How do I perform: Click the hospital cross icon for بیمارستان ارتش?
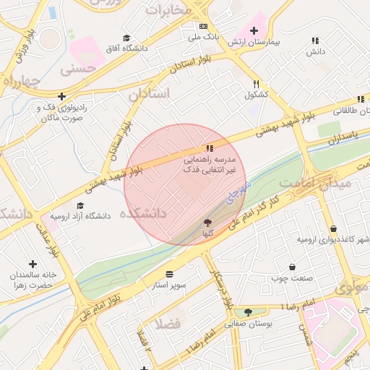pyautogui.click(x=254, y=30)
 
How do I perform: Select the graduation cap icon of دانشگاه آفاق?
pyautogui.click(x=127, y=38)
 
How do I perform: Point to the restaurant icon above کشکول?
pyautogui.click(x=256, y=84)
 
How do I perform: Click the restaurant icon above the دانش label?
pyautogui.click(x=315, y=41)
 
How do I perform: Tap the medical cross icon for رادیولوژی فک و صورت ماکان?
pyautogui.click(x=62, y=96)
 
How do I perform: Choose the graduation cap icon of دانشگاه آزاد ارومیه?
pyautogui.click(x=80, y=205)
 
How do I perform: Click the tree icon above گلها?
pyautogui.click(x=208, y=223)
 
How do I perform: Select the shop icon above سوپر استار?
pyautogui.click(x=169, y=275)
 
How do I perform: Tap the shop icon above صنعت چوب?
pyautogui.click(x=292, y=267)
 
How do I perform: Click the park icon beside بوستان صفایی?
pyautogui.click(x=249, y=312)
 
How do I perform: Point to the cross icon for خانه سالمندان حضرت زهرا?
pyautogui.click(x=33, y=264)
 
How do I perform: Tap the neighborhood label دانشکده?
pyautogui.click(x=143, y=213)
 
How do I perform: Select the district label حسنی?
pyautogui.click(x=78, y=70)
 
